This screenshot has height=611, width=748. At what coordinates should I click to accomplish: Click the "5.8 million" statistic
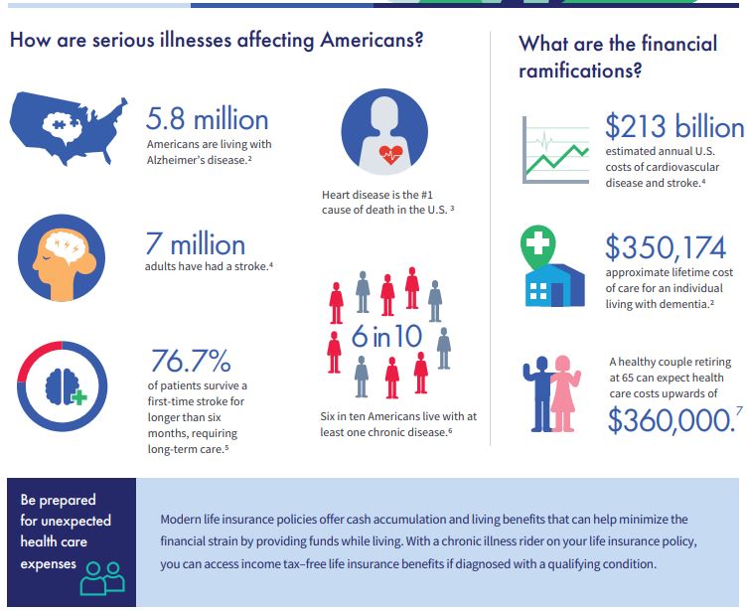(207, 119)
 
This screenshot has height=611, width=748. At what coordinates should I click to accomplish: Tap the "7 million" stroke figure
(195, 243)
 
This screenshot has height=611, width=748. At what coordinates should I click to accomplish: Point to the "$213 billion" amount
(673, 127)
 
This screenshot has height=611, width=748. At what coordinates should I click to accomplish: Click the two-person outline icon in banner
(102, 578)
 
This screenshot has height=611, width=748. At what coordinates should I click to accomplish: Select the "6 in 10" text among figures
(386, 336)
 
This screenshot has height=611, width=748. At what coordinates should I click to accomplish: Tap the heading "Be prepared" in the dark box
(59, 500)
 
